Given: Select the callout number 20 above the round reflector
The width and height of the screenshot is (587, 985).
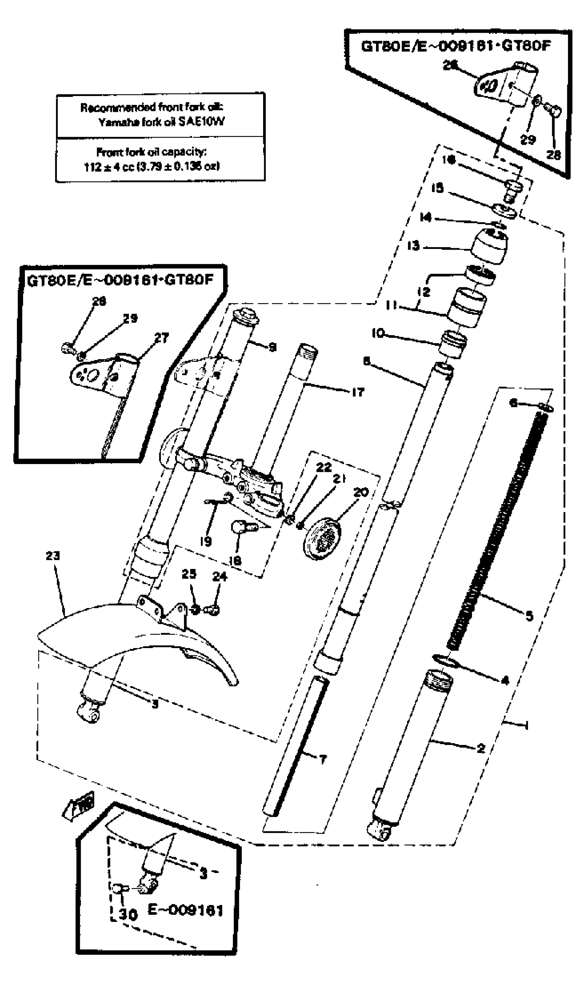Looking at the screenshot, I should pyautogui.click(x=360, y=492).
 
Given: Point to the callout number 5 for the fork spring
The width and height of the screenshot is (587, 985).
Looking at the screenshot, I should pyautogui.click(x=529, y=616).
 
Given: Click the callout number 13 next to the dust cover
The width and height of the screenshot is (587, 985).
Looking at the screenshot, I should pyautogui.click(x=413, y=245).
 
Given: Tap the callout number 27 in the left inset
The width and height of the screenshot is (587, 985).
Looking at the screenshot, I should pyautogui.click(x=161, y=338).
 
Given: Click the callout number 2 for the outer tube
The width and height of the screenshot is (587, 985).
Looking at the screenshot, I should pyautogui.click(x=481, y=748).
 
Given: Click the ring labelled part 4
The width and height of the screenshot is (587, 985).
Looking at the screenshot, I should pyautogui.click(x=445, y=660).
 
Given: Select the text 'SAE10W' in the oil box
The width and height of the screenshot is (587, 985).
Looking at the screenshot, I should pyautogui.click(x=202, y=122).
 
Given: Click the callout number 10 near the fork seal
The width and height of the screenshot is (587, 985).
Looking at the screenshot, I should pyautogui.click(x=378, y=334).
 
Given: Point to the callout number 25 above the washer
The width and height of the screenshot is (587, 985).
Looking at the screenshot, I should pyautogui.click(x=189, y=574).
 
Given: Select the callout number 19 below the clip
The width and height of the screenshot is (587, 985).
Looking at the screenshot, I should pyautogui.click(x=206, y=541).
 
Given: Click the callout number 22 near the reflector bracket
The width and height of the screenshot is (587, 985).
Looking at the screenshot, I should pyautogui.click(x=324, y=467).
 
